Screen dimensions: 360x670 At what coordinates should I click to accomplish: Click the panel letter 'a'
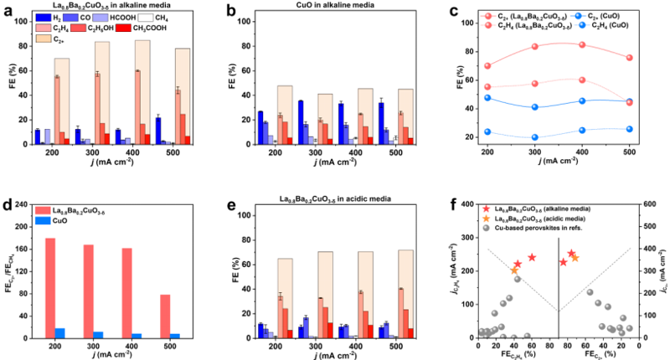[7, 8]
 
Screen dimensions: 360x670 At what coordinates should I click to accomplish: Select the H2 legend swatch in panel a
[42, 17]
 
